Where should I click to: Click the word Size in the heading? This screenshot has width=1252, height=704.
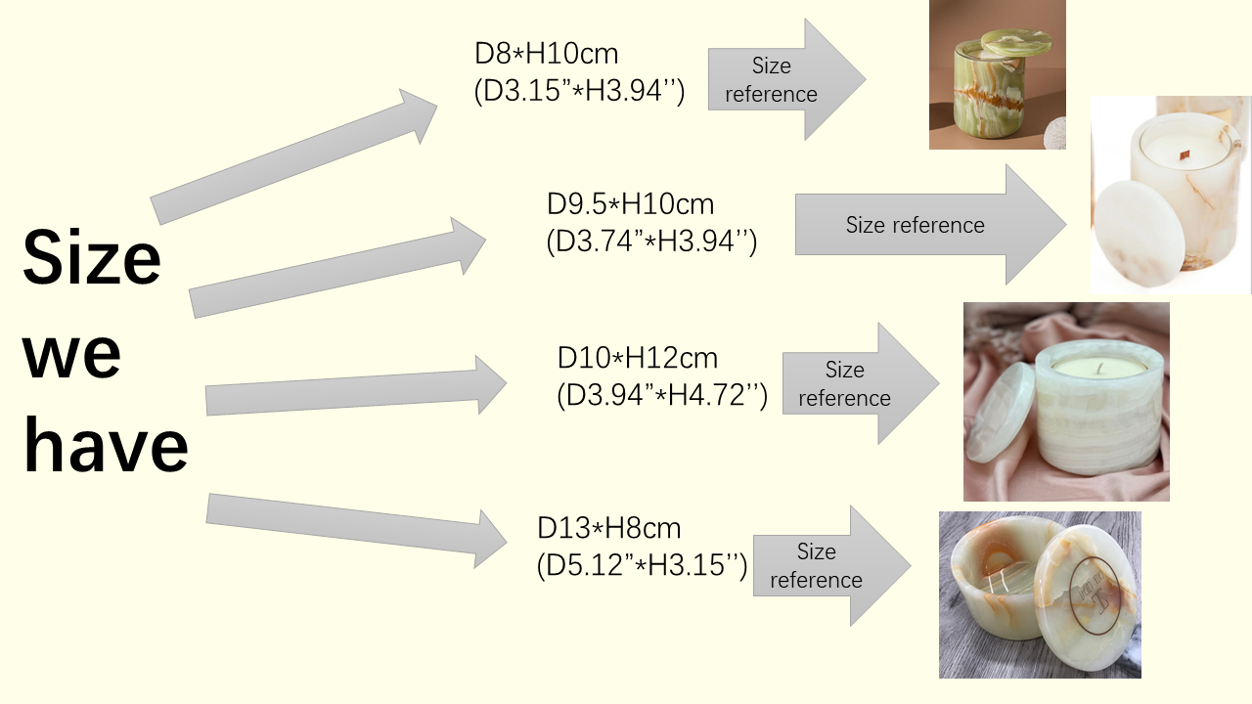(x=92, y=257)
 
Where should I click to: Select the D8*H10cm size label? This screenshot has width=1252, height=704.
(x=546, y=54)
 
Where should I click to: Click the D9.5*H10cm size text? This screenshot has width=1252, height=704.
(x=630, y=204)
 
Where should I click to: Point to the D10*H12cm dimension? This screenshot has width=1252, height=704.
(x=637, y=358)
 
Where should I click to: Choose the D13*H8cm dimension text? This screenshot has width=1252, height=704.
(x=608, y=528)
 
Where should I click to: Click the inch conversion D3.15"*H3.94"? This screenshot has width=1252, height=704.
(x=579, y=91)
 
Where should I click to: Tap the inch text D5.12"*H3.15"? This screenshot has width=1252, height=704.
(x=642, y=565)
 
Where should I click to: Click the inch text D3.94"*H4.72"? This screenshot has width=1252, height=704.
(x=662, y=395)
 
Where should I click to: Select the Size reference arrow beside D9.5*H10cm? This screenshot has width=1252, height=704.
(x=930, y=225)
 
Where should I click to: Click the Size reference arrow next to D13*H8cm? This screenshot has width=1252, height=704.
(x=832, y=566)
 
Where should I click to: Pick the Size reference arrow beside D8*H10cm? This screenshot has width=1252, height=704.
(x=787, y=79)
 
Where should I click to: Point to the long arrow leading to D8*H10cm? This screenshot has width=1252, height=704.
(x=294, y=157)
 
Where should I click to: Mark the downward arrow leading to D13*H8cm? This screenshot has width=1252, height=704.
(x=357, y=531)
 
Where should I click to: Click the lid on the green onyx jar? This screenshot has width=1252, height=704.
(x=1016, y=41)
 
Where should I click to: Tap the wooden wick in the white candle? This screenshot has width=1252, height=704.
(x=1183, y=155)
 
